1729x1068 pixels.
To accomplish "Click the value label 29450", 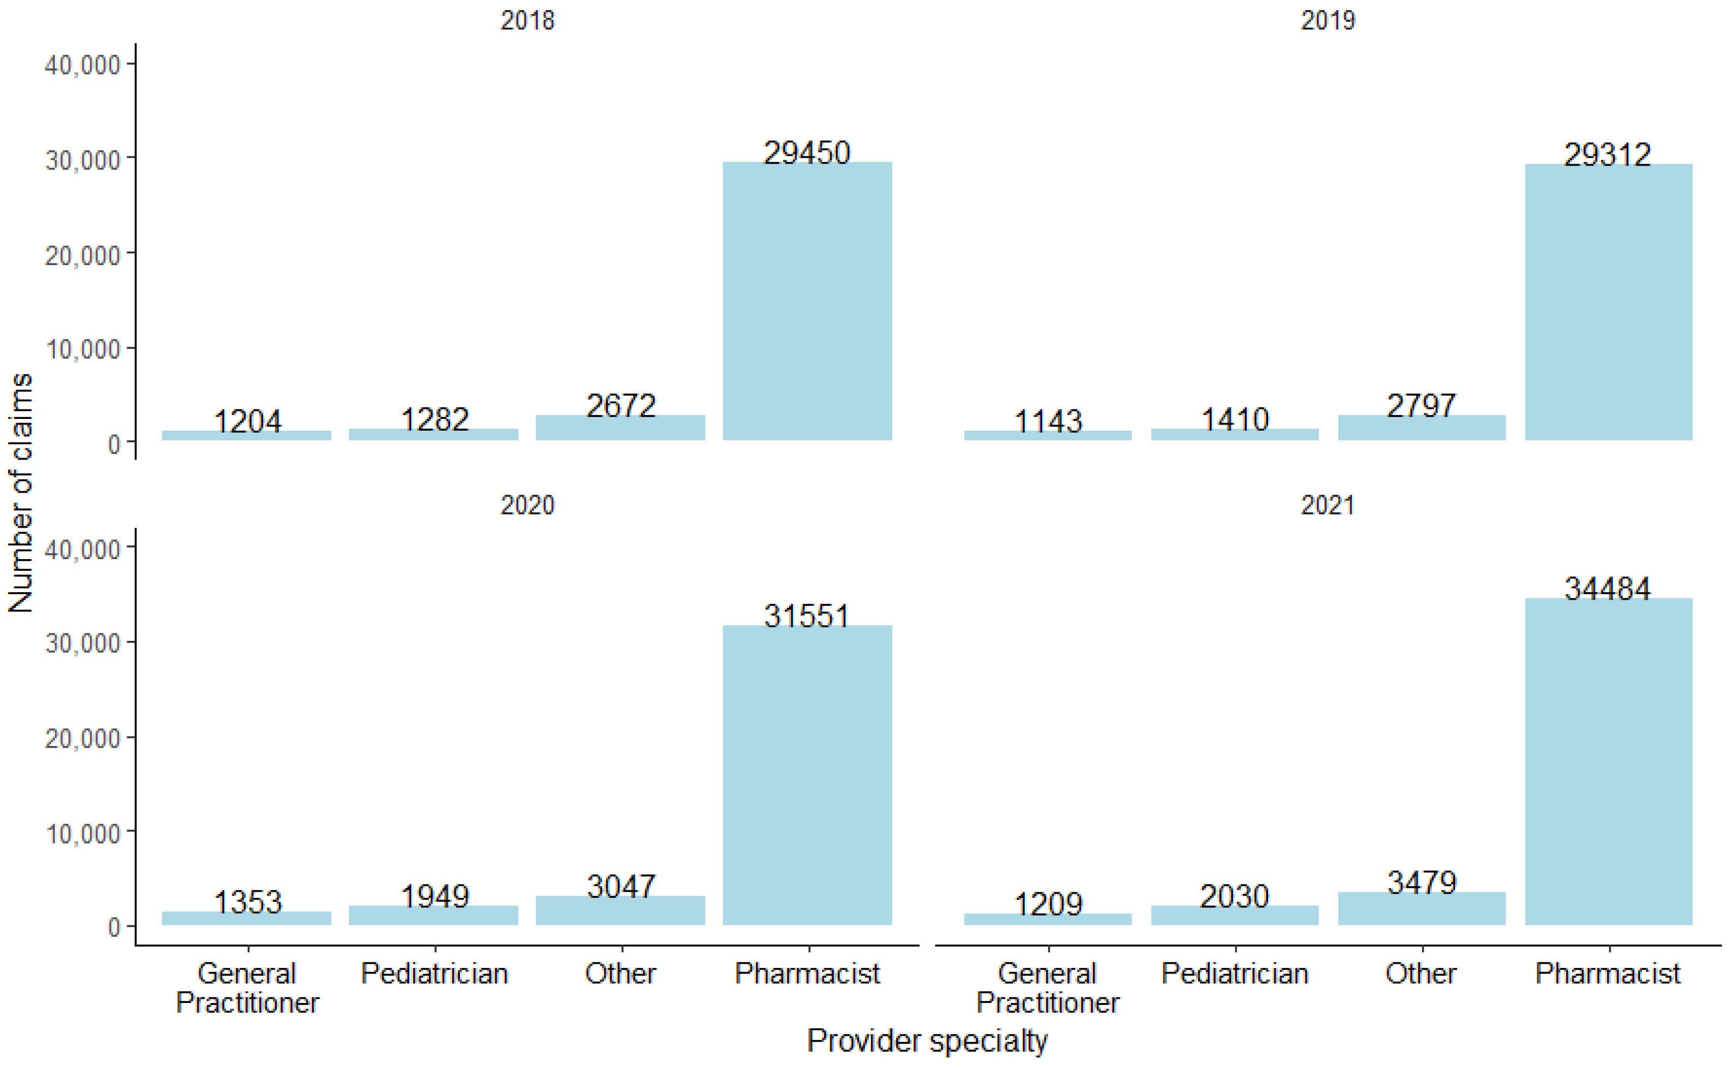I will [807, 152].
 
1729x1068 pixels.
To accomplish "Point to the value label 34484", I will [1608, 589].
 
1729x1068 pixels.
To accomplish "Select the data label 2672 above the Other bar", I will [621, 405].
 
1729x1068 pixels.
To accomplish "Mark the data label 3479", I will [1422, 882].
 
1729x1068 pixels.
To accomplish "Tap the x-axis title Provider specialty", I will [927, 1041].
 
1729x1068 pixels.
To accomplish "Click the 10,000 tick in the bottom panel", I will [83, 833].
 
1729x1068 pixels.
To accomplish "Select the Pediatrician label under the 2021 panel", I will [1235, 974].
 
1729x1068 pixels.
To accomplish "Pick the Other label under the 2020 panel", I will [620, 974].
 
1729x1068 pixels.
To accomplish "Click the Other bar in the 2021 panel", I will [1422, 909].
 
